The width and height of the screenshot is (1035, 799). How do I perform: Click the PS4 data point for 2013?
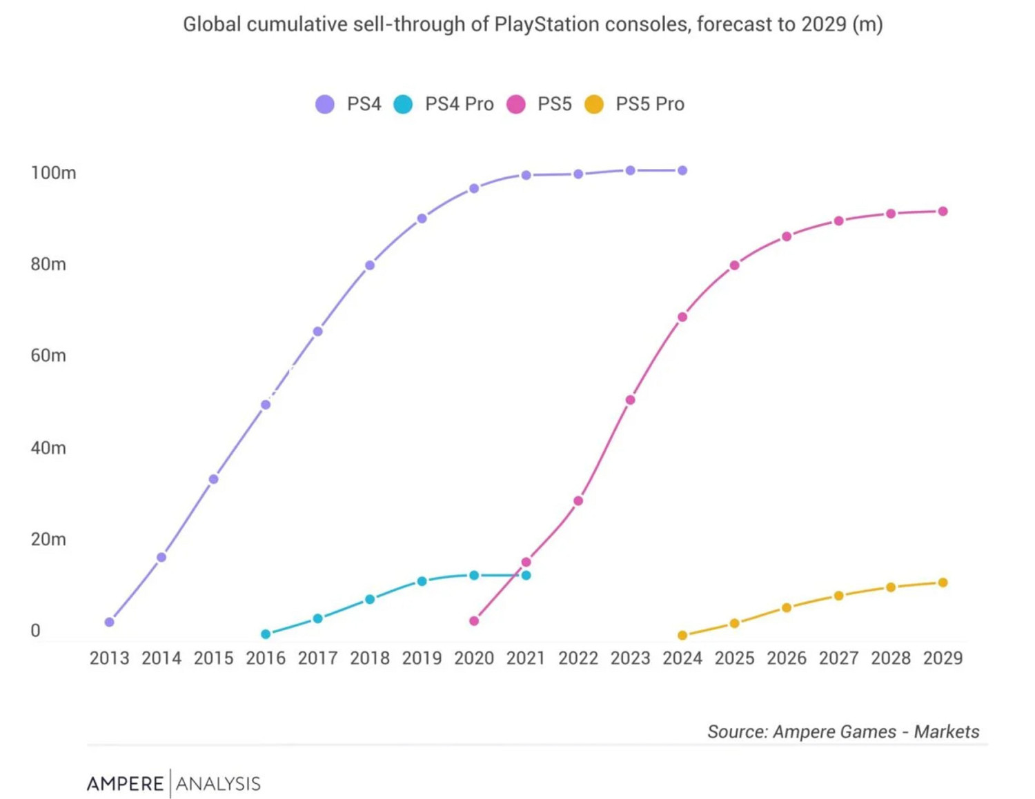[x=109, y=622]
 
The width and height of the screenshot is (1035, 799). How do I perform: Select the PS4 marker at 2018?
[x=370, y=265]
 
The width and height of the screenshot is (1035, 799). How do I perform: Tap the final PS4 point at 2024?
[x=682, y=170]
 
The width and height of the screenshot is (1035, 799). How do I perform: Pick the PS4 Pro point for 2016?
[x=266, y=634]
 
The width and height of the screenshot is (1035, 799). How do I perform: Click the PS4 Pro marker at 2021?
[x=526, y=575]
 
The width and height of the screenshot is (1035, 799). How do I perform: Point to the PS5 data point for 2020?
[x=474, y=621]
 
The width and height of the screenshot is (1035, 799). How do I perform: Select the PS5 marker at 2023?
[x=630, y=400]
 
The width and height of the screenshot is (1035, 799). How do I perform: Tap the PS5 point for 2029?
[x=943, y=212]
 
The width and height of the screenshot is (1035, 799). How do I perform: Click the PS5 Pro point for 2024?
[x=682, y=635]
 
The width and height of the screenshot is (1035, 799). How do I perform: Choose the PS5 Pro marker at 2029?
[x=943, y=583]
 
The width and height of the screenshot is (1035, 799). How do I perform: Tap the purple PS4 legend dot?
[x=325, y=104]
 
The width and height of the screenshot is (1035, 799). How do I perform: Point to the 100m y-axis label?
[x=53, y=172]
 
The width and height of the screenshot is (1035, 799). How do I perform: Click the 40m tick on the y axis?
[x=48, y=447]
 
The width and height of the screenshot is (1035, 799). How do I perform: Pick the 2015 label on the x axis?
[x=213, y=658]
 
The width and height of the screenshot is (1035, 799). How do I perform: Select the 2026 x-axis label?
[x=787, y=658]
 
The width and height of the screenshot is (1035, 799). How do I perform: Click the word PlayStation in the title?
[x=547, y=24]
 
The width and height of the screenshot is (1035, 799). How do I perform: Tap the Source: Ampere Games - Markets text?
[x=842, y=731]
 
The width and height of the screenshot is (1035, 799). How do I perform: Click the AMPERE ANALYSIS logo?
[x=173, y=783]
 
